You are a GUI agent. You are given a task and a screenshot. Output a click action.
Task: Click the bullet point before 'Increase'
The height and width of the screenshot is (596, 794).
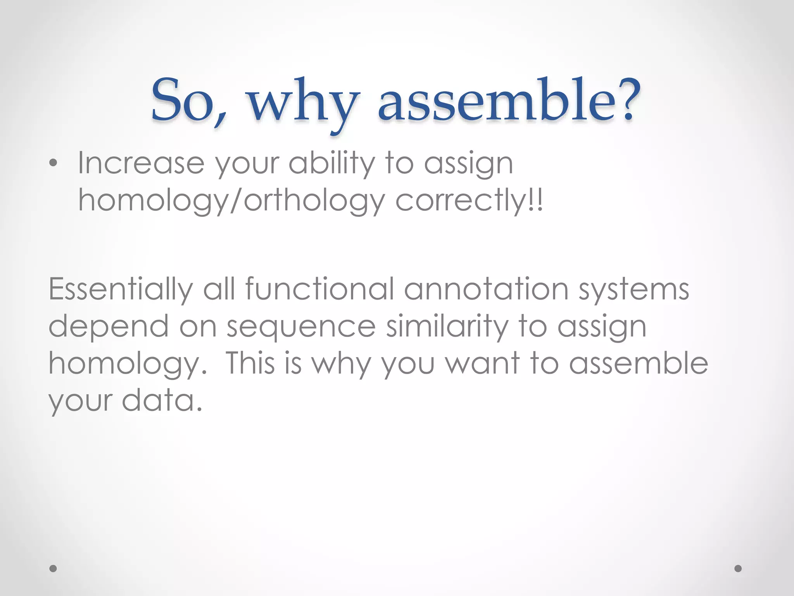54,164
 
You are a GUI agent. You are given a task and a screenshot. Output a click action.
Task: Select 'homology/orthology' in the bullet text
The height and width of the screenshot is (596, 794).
231,201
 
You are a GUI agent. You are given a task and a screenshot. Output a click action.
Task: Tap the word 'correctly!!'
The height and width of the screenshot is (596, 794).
469,201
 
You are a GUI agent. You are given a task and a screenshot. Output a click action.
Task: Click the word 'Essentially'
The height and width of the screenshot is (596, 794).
121,289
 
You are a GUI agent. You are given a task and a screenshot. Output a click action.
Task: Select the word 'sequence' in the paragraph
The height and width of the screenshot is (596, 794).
301,327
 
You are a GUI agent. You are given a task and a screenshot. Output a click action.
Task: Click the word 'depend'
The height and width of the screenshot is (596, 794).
109,327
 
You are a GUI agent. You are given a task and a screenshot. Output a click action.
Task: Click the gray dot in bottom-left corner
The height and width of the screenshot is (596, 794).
54,568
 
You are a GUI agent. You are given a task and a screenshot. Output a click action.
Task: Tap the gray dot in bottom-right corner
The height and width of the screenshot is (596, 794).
738,568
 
